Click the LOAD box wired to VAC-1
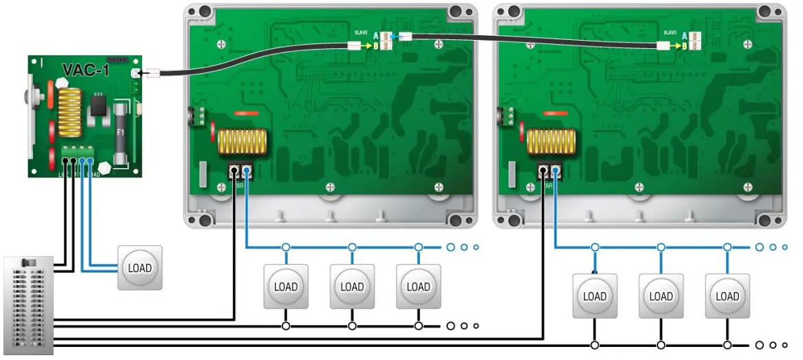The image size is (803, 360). coord(140,268)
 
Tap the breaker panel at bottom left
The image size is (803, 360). coord(28,304)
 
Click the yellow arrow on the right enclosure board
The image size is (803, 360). coord(676,45)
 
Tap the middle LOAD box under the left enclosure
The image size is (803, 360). coord(352,286)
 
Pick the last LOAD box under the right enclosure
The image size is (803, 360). coord(727,297)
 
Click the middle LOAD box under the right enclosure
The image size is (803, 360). coord(661,297)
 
